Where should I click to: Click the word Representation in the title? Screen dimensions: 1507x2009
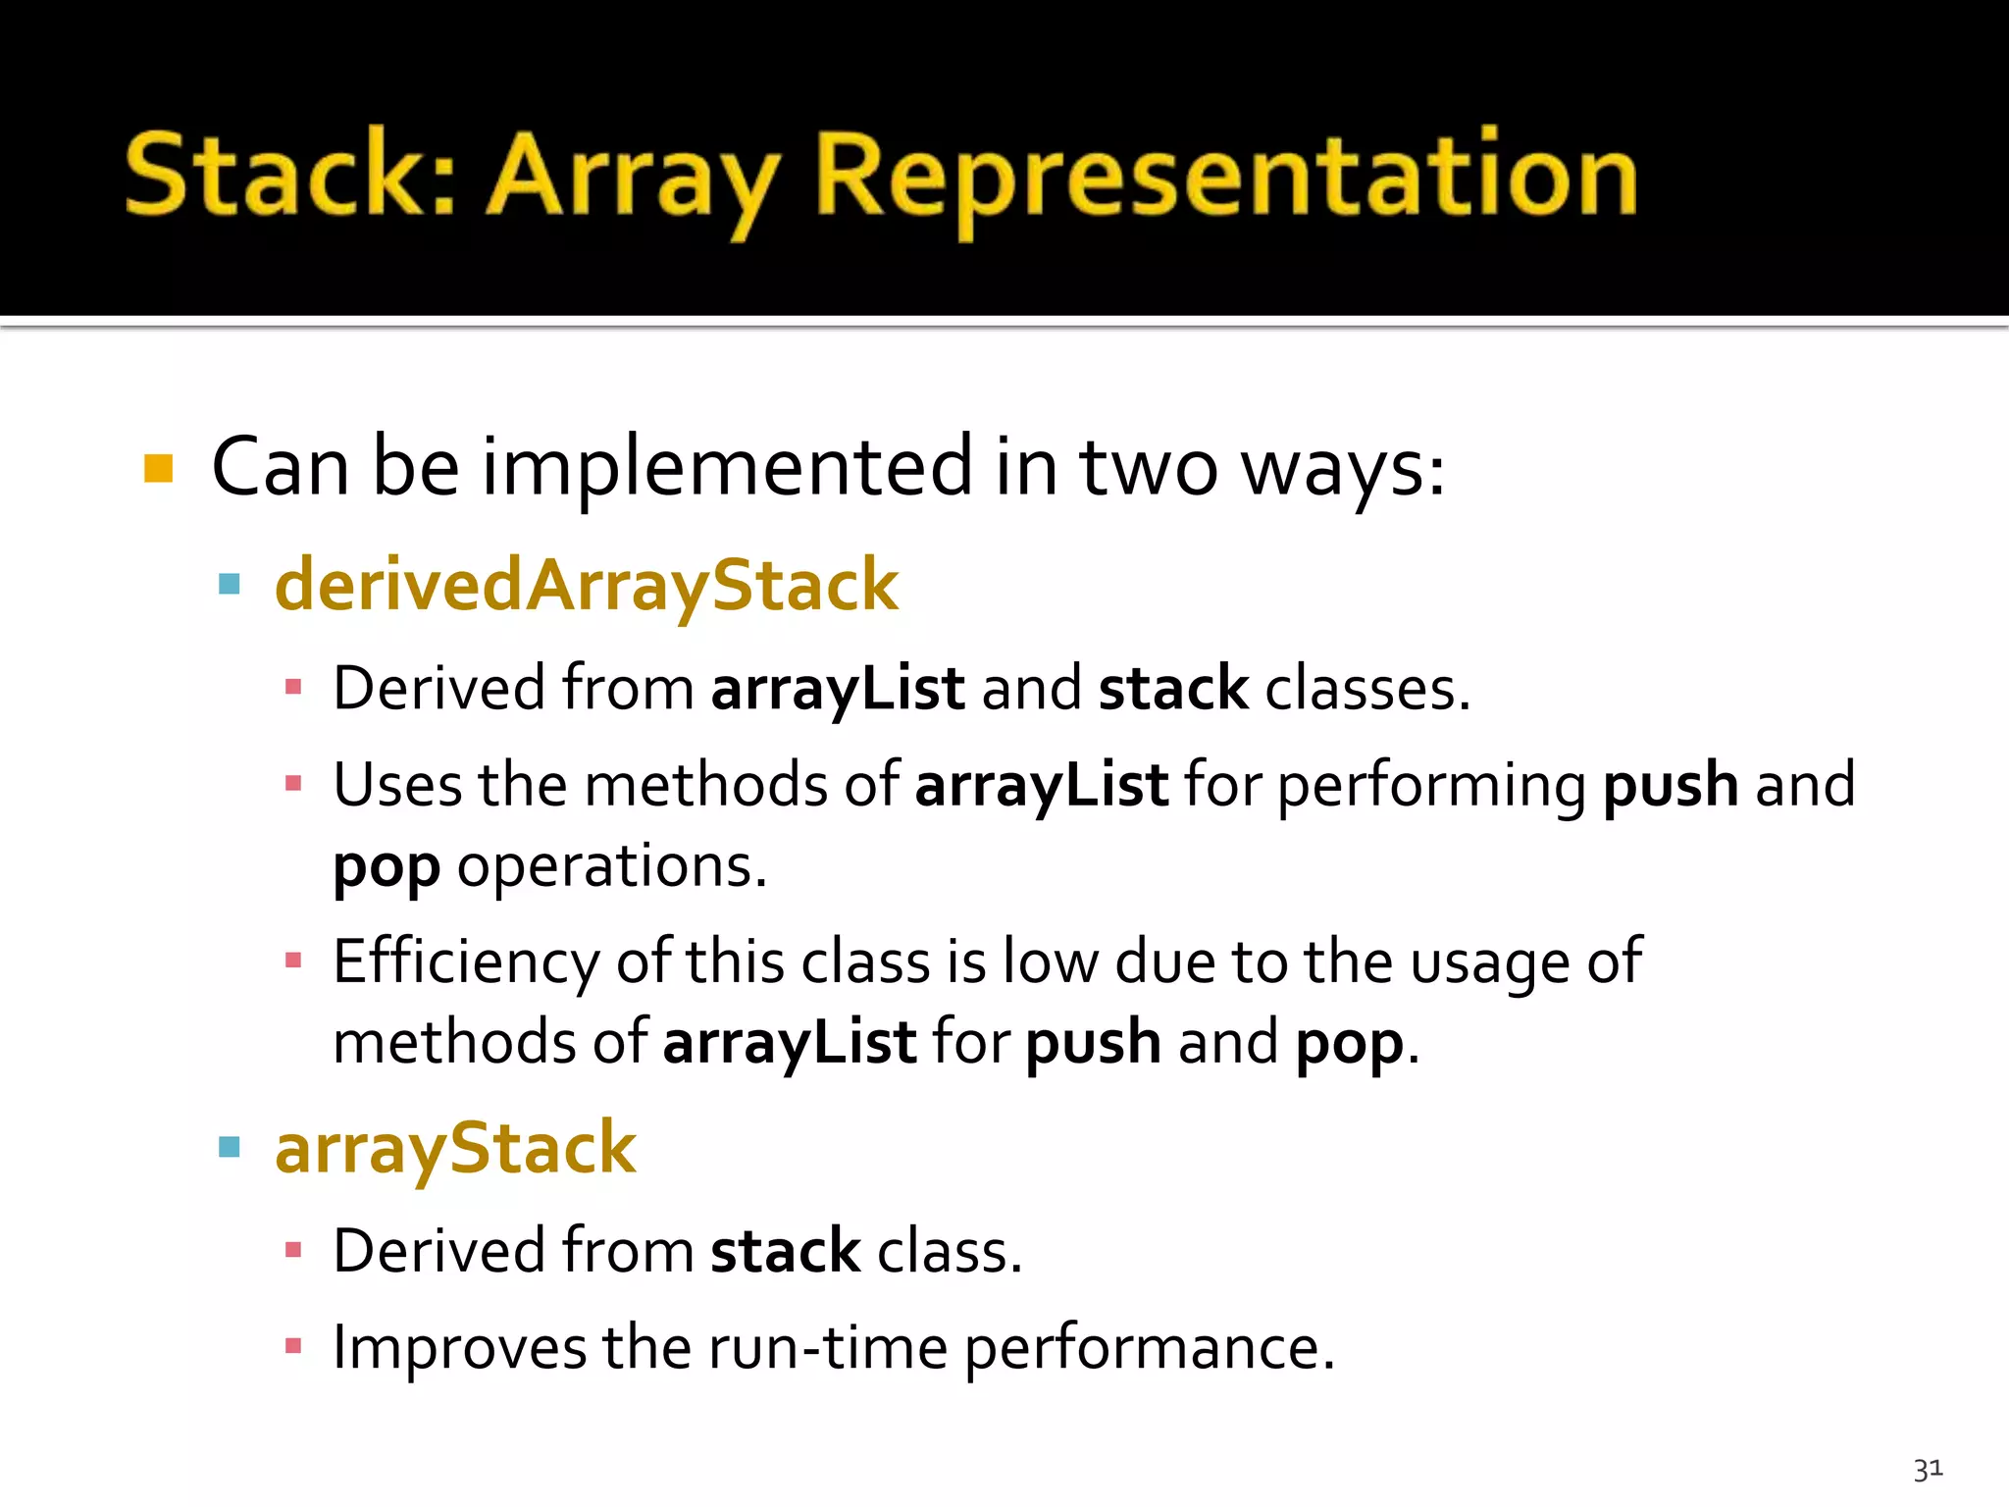1226,177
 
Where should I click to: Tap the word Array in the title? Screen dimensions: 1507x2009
633,177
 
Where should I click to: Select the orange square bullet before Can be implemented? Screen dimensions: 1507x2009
158,468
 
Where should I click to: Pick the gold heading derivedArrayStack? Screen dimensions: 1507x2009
586,586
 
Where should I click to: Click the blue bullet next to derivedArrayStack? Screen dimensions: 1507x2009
230,586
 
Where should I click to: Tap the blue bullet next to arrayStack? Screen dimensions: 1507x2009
230,1147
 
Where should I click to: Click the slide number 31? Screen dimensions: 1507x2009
1928,1469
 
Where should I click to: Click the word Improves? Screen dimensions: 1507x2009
458,1347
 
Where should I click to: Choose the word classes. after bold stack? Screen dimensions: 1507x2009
1367,689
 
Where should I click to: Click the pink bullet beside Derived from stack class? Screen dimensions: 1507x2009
292,1250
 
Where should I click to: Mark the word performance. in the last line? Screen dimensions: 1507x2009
1149,1348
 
